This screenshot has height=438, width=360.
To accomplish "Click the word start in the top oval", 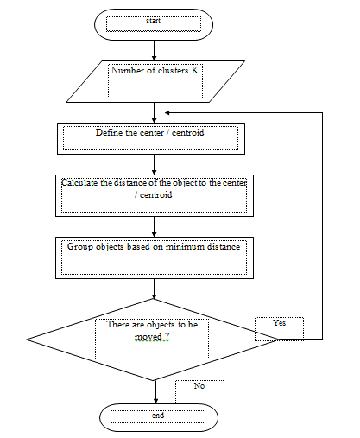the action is click(x=153, y=21).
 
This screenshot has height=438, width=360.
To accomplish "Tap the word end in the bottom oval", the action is click(x=158, y=416).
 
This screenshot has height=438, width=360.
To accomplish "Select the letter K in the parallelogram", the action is click(x=195, y=70).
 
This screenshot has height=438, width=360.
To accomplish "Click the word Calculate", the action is click(x=79, y=183).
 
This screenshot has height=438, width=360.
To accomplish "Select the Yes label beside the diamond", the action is click(x=280, y=323).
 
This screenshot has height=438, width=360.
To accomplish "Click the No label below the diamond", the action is click(x=199, y=386).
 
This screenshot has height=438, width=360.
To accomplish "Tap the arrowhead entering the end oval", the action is click(x=155, y=401).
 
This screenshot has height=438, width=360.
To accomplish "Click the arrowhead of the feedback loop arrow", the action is click(x=167, y=112).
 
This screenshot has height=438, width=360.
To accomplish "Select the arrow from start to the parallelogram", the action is click(x=154, y=50).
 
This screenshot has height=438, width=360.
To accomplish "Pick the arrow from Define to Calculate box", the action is click(x=154, y=164).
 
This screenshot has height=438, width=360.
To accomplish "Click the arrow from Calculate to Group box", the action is click(x=154, y=226).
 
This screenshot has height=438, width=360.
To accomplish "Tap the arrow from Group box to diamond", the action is click(x=154, y=289).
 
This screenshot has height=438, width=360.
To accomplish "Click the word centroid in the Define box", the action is click(x=187, y=133).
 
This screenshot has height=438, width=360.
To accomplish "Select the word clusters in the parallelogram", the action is click(x=173, y=70).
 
